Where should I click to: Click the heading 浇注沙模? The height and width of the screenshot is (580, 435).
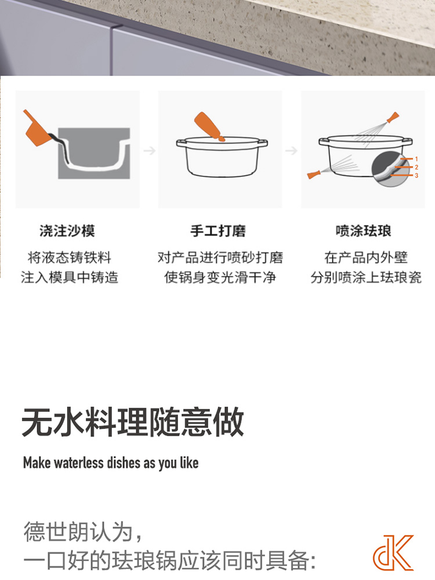67,231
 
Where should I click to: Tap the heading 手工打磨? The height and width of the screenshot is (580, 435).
218,231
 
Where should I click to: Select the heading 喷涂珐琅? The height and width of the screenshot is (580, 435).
363,231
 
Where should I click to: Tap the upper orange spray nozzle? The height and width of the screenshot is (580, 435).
393,118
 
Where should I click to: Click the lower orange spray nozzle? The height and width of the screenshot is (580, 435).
314,173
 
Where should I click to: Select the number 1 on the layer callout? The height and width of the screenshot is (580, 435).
416,159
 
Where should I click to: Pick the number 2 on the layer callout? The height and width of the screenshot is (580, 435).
416,167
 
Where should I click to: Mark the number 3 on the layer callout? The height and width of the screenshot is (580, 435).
416,175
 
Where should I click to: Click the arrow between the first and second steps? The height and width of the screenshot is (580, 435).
150,151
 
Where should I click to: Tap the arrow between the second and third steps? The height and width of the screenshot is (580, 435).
292,151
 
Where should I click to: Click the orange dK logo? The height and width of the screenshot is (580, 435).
393,552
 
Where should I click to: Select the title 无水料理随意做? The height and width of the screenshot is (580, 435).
133,422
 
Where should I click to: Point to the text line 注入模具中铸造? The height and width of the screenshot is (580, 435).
70,277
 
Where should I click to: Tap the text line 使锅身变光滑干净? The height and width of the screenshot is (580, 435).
220,277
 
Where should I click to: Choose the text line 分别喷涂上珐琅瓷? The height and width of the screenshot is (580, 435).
366,277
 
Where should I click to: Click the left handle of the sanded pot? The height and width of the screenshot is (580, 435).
181,142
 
